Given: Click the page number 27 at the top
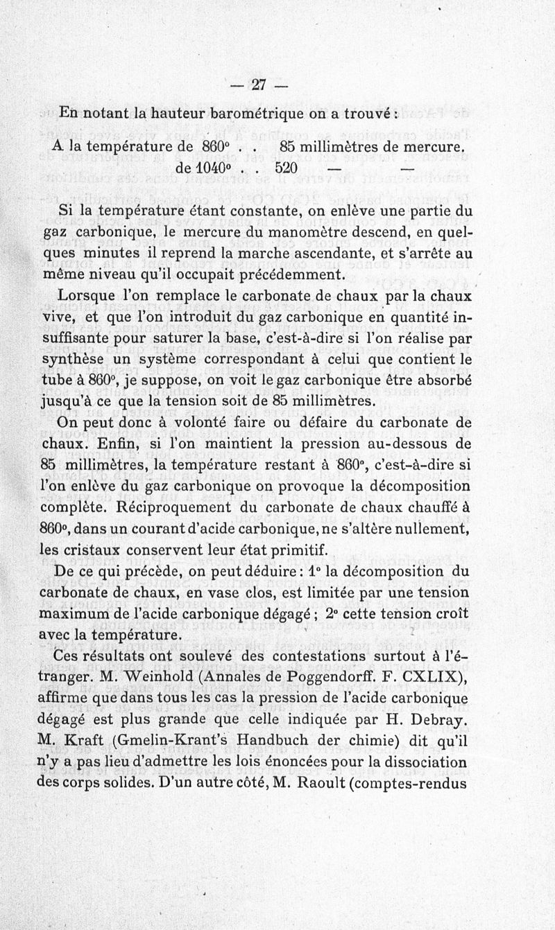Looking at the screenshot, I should (x=259, y=85).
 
